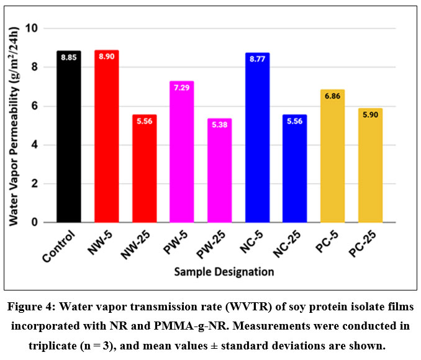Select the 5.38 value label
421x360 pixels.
219,129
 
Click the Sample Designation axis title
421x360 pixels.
224,271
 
